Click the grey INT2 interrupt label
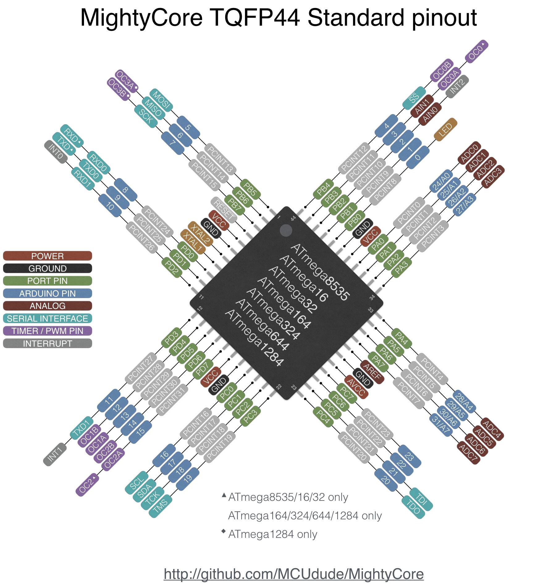[457, 87]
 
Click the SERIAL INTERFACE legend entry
[47, 318]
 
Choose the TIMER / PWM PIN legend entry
[47, 331]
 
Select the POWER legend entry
[47, 256]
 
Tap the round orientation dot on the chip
[286, 230]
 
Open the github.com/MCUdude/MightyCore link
[293, 574]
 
